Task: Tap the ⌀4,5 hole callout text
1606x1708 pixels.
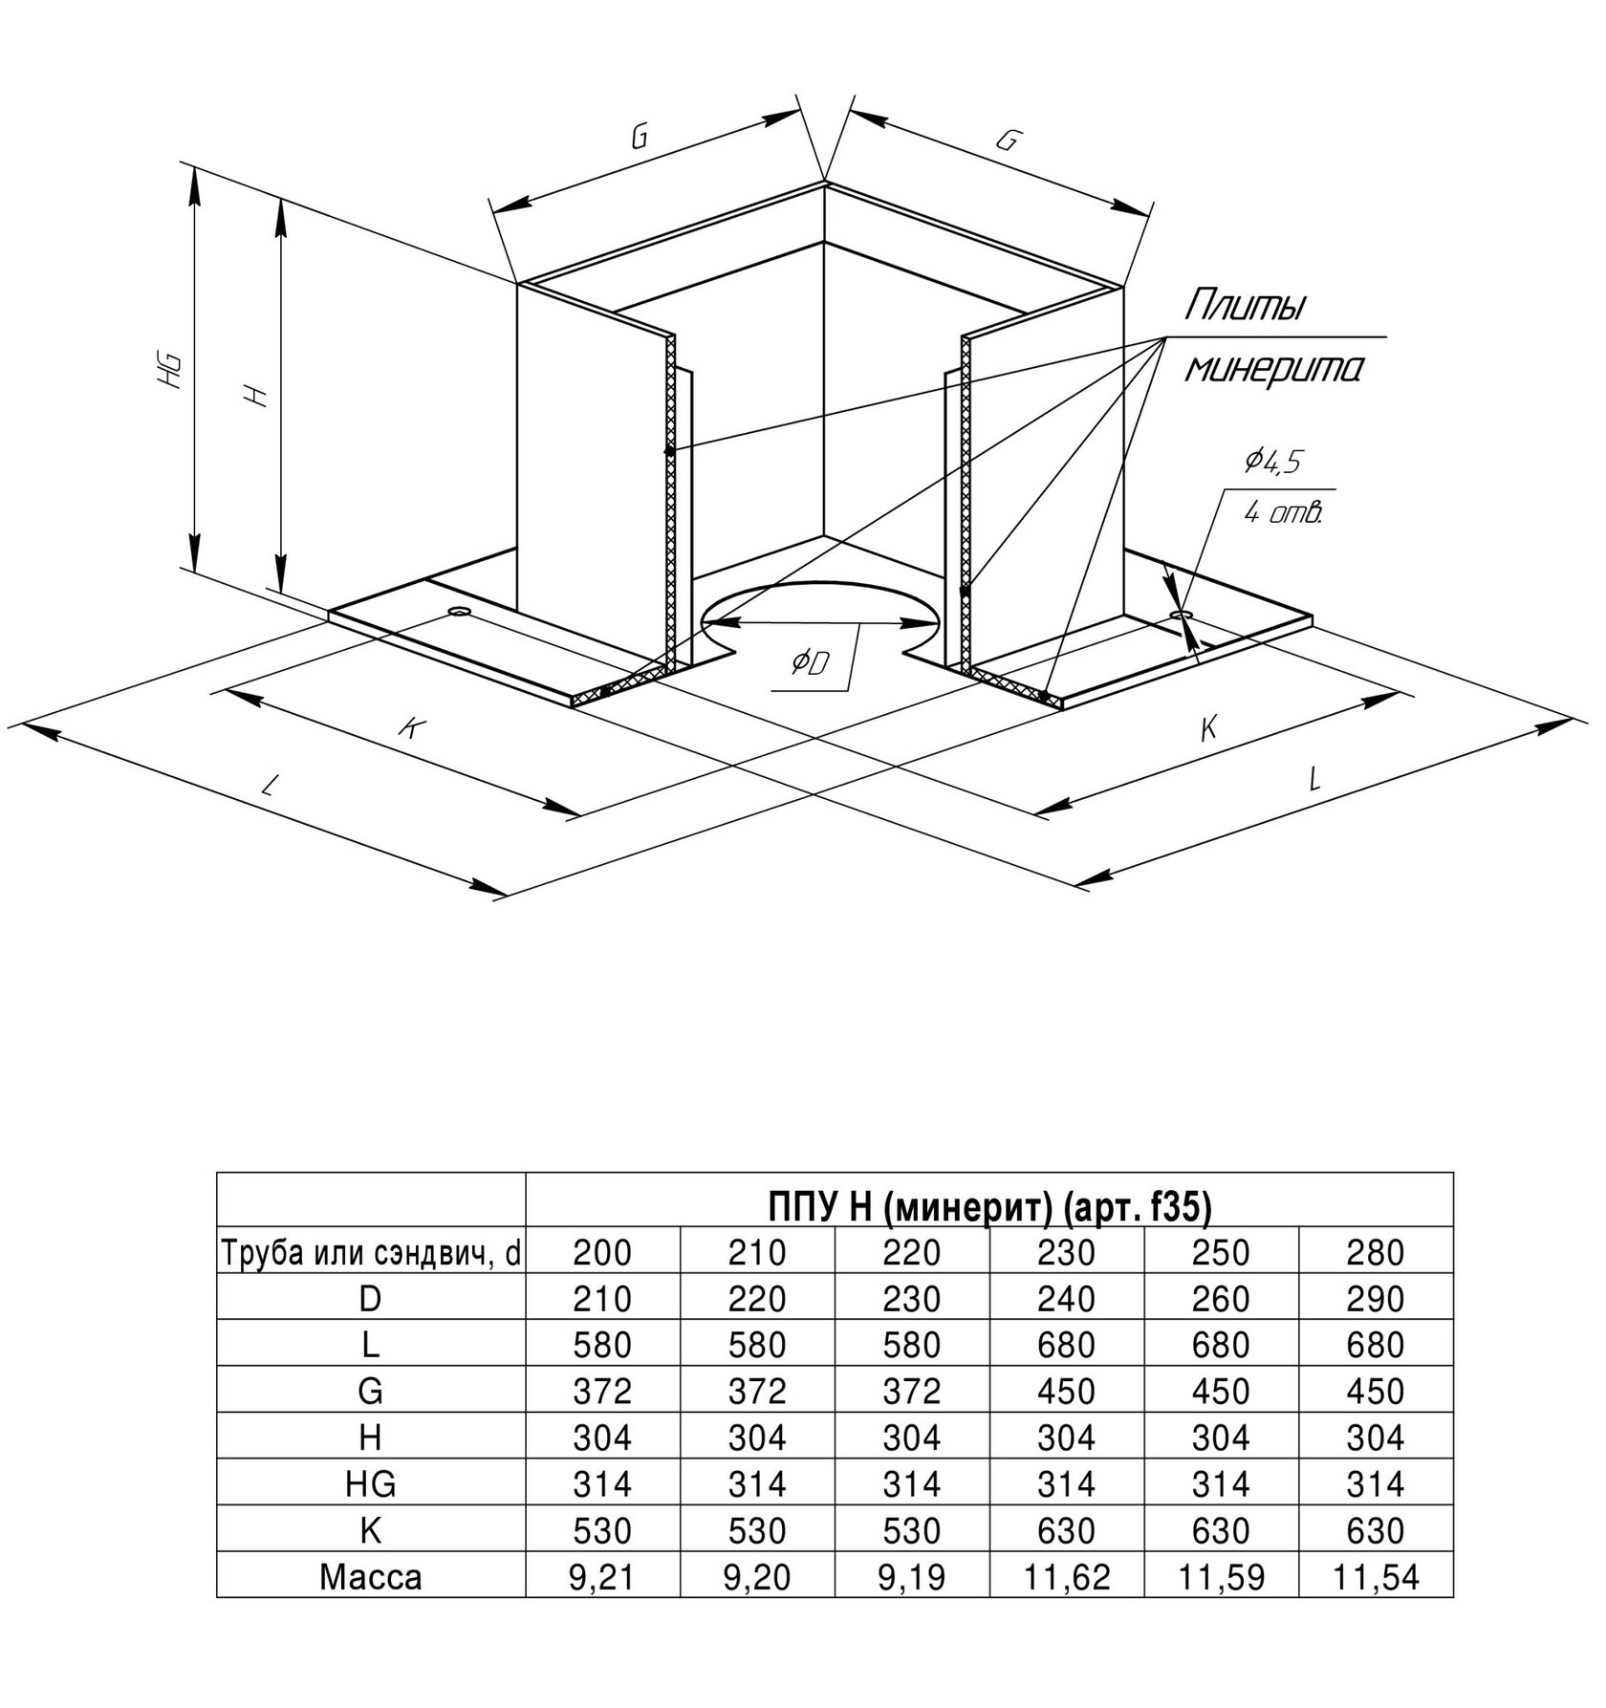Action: click(x=1272, y=462)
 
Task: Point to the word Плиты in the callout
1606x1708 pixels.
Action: click(x=1245, y=307)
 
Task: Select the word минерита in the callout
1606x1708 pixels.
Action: click(x=1273, y=368)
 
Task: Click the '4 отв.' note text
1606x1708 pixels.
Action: click(x=1283, y=513)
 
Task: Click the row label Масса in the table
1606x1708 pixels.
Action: click(x=371, y=1576)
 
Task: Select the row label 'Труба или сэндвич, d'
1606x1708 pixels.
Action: click(x=371, y=1253)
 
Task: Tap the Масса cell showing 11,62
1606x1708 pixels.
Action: click(x=1067, y=1576)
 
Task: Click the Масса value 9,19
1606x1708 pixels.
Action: click(x=912, y=1576)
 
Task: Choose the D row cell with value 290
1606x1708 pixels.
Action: click(x=1375, y=1299)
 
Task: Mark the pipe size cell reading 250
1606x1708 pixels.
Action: click(x=1221, y=1253)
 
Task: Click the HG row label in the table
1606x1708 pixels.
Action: click(x=371, y=1483)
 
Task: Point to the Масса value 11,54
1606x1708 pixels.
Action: click(x=1375, y=1576)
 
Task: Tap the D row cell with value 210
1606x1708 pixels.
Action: click(x=602, y=1299)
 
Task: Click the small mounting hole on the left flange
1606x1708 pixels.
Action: click(x=460, y=610)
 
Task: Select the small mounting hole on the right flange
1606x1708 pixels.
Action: click(x=1183, y=613)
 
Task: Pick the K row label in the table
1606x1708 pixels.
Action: click(x=371, y=1530)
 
